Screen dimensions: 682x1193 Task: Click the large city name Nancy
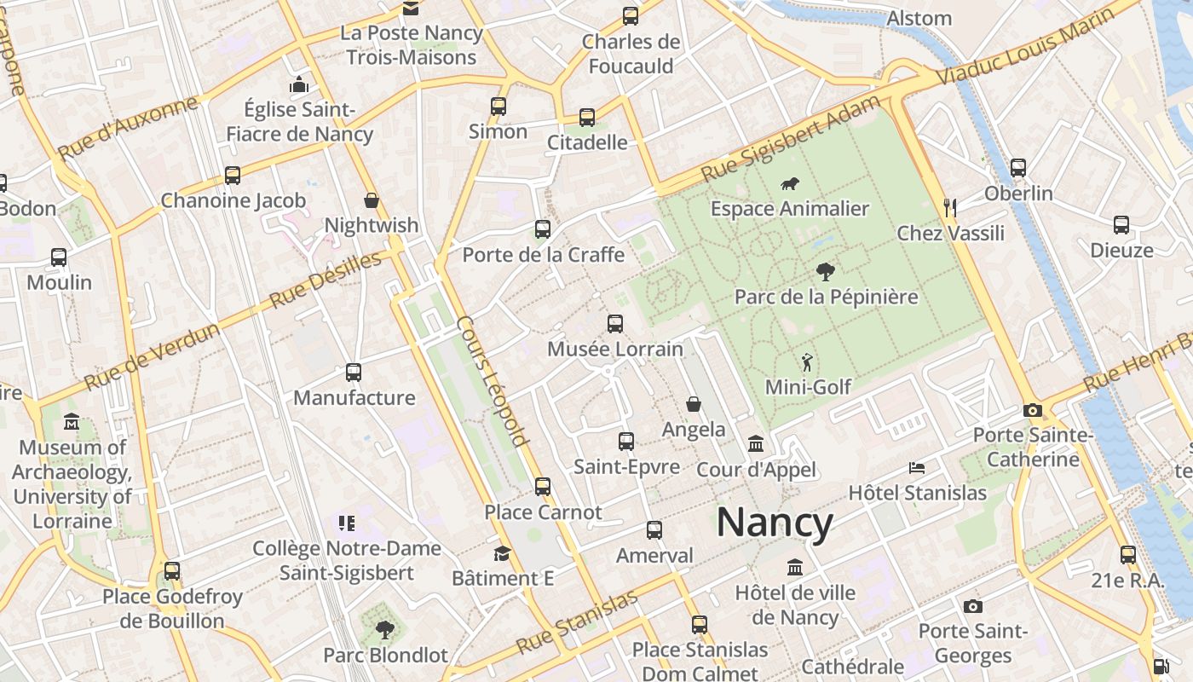pyautogui.click(x=774, y=522)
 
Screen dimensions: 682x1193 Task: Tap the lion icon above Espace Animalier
pyautogui.click(x=790, y=183)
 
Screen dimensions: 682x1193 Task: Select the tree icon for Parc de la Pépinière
pyautogui.click(x=824, y=272)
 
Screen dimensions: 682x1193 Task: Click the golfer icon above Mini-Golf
pyautogui.click(x=807, y=362)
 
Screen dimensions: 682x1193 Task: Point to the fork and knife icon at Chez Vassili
pyautogui.click(x=951, y=207)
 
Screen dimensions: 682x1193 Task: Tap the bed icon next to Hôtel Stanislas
pyautogui.click(x=917, y=467)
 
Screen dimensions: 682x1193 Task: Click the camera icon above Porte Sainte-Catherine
pyautogui.click(x=1033, y=410)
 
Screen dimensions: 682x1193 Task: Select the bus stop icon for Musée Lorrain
pyautogui.click(x=615, y=323)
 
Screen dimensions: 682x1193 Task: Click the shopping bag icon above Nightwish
pyautogui.click(x=372, y=200)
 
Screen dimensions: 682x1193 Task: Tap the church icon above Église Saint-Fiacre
pyautogui.click(x=299, y=84)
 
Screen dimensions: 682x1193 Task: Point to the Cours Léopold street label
pyautogui.click(x=492, y=381)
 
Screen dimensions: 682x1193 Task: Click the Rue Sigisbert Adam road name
pyautogui.click(x=790, y=138)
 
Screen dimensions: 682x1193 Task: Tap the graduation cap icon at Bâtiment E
pyautogui.click(x=502, y=553)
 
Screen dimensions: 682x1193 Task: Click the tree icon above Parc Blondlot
pyautogui.click(x=385, y=630)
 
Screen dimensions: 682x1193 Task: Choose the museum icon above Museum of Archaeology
pyautogui.click(x=72, y=422)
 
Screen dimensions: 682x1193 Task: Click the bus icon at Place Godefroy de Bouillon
pyautogui.click(x=172, y=570)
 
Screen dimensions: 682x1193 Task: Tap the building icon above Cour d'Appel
pyautogui.click(x=756, y=444)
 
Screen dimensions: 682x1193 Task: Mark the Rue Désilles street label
pyautogui.click(x=326, y=280)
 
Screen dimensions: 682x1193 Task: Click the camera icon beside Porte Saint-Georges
pyautogui.click(x=973, y=606)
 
